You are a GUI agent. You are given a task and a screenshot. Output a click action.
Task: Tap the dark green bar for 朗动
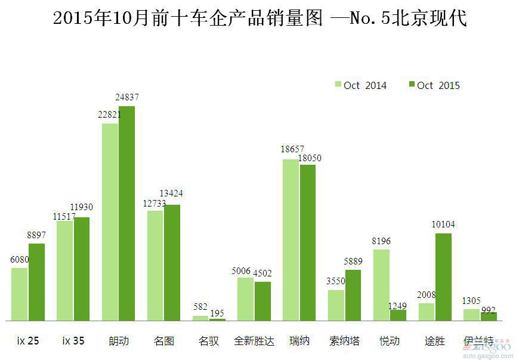pyautogui.click(x=126, y=213)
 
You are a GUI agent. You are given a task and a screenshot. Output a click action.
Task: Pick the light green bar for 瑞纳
pyautogui.click(x=291, y=240)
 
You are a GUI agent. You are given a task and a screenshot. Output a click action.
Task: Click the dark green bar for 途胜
pyautogui.click(x=443, y=277)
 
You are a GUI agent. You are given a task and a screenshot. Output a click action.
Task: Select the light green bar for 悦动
pyautogui.click(x=381, y=285)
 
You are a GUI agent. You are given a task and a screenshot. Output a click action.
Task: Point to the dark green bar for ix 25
pyautogui.click(x=36, y=282)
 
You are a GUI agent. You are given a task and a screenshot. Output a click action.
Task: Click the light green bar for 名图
pyautogui.click(x=155, y=266)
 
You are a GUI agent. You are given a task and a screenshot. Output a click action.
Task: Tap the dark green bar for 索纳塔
pyautogui.click(x=353, y=295)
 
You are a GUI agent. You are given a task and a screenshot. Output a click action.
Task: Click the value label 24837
pyautogui.click(x=126, y=97)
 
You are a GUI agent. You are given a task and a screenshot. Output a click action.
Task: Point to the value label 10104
pyautogui.click(x=443, y=224)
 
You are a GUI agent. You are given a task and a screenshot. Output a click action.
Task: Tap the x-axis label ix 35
pyautogui.click(x=73, y=341)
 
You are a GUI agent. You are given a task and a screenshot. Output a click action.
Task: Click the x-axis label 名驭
pyautogui.click(x=209, y=341)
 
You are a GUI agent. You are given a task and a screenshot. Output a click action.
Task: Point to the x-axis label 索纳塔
pyautogui.click(x=344, y=341)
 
